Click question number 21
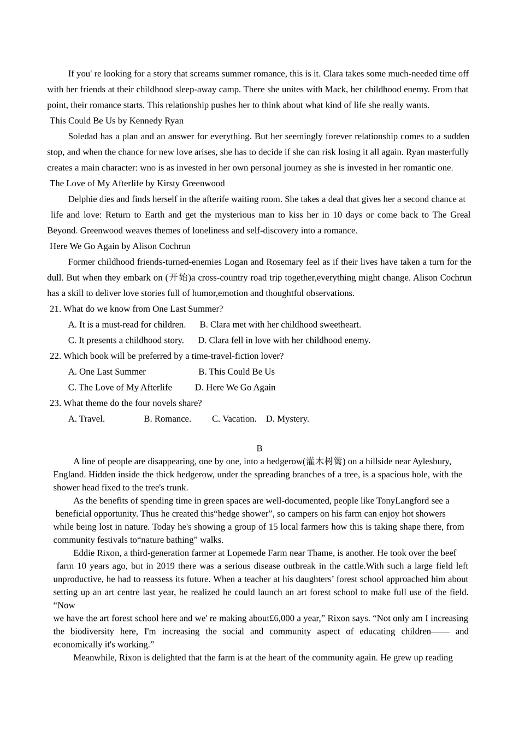[55, 309]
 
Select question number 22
[55, 356]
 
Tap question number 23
[55, 403]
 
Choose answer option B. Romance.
[167, 419]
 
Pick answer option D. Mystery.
[287, 419]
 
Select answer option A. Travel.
[86, 419]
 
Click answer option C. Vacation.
[234, 419]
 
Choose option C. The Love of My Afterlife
[120, 387]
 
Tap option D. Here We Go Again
[235, 387]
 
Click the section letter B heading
[259, 448]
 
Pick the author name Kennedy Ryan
[156, 121]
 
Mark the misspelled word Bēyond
[62, 230]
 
